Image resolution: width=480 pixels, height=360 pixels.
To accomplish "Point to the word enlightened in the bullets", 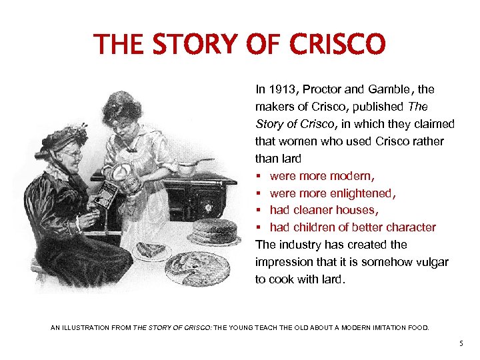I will tap(359, 193).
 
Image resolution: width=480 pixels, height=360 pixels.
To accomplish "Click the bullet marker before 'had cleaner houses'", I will tap(259, 210).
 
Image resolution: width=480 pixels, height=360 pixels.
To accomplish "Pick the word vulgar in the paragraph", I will tap(432, 262).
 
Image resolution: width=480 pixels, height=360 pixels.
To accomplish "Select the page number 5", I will tap(461, 343).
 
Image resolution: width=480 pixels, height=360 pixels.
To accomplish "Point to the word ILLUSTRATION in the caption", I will tap(96, 327).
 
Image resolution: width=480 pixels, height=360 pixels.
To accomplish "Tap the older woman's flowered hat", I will tap(63, 136).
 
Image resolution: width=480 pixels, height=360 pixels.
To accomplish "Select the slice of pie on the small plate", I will tap(151, 250).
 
